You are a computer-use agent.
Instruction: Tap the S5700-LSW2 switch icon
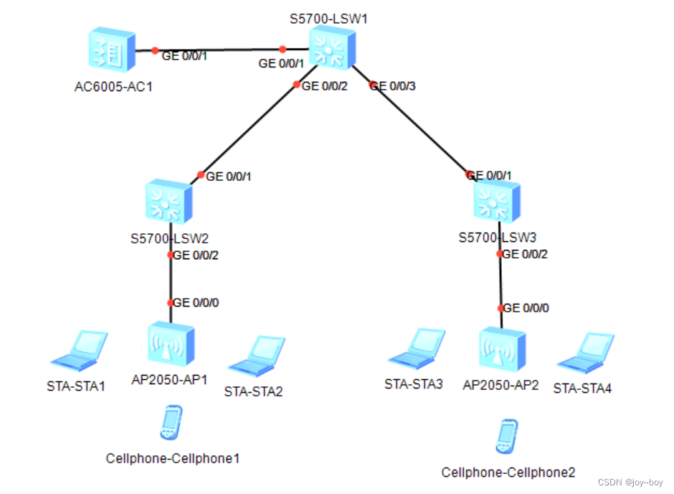coord(168,202)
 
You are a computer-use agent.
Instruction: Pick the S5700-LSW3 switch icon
coord(497,200)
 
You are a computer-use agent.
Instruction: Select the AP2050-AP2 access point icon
coord(501,349)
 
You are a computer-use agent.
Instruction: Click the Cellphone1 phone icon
coord(171,423)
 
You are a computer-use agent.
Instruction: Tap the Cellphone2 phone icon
coord(505,437)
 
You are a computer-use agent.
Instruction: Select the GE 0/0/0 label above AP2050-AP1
coord(196,303)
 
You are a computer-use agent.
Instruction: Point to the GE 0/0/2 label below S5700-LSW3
coord(526,253)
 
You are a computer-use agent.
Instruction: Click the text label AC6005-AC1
coord(113,88)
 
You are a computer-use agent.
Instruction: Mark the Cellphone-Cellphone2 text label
coord(508,472)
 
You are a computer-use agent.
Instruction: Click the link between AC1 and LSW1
coord(219,50)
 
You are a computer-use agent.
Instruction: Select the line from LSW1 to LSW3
coord(419,129)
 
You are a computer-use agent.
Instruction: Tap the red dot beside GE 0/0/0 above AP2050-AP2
coord(501,308)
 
